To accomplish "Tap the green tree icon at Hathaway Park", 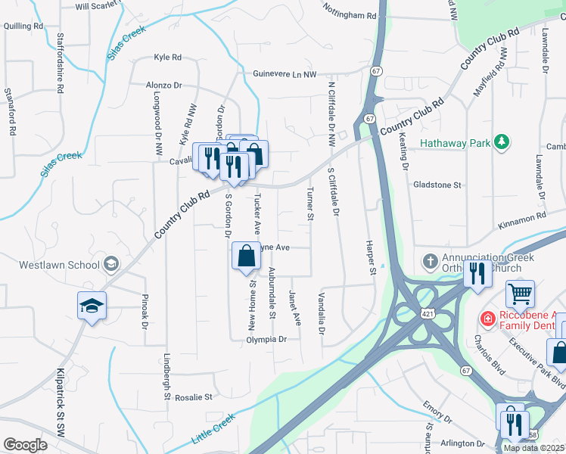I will (x=499, y=141).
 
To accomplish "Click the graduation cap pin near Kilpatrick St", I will (x=92, y=306).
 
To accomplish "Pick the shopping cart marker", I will (x=520, y=294).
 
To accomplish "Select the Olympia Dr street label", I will (x=266, y=340).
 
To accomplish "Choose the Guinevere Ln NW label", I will (x=282, y=74).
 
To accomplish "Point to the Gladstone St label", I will (x=437, y=185).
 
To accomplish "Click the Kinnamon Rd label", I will (x=521, y=218).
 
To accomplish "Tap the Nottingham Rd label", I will (x=349, y=15).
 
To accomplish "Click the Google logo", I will (x=25, y=445).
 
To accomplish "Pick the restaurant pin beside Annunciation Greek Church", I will (x=477, y=274).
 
